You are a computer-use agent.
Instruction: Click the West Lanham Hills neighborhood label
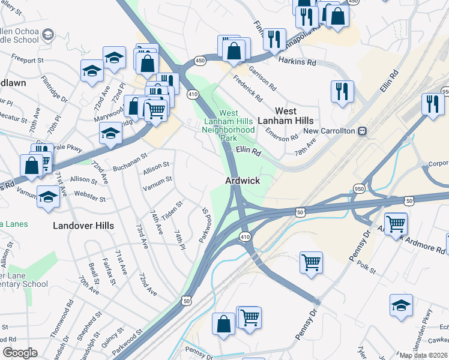pos(294,116)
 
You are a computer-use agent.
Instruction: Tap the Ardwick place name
pos(243,180)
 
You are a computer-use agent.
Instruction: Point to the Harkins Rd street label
pos(297,62)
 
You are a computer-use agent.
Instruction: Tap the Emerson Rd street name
pos(282,130)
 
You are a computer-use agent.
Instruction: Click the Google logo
pos(19,353)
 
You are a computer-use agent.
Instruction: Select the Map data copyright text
pos(423,355)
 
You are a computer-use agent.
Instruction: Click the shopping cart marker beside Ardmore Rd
pos(396,225)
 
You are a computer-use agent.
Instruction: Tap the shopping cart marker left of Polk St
pos(311,262)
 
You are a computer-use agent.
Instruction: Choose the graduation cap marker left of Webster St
pos(48,196)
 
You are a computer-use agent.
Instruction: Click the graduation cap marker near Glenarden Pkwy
pos(401,305)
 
